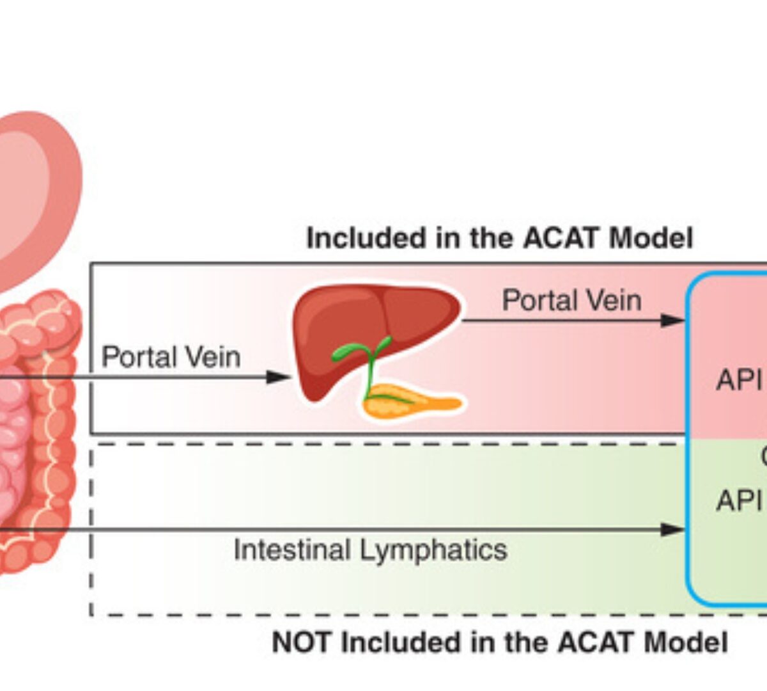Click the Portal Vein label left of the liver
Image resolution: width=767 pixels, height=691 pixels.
(171, 357)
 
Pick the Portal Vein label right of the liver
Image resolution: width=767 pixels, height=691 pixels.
(571, 300)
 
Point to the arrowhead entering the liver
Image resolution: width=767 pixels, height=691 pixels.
(279, 377)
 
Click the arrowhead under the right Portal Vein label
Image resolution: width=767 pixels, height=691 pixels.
(672, 320)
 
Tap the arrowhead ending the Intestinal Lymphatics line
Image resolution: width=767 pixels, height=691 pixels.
(672, 529)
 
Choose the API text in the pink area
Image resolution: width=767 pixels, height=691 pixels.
(739, 381)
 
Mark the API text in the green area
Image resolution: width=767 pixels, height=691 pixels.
(739, 500)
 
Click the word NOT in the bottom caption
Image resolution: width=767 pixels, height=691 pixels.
(302, 642)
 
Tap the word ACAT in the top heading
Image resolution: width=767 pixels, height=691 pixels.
(561, 239)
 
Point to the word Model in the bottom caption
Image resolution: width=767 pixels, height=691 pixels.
(685, 642)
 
